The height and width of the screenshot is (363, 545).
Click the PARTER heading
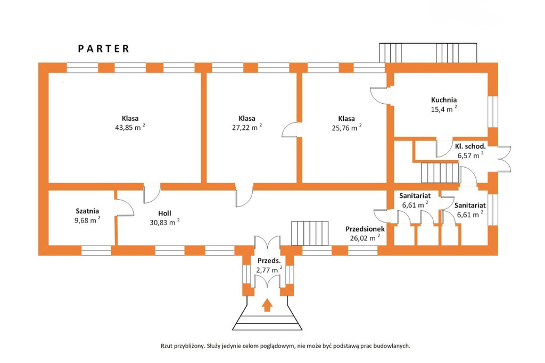pos(104,48)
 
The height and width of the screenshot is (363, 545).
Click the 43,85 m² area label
pos(130,127)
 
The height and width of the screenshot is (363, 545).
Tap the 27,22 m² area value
pos(247,127)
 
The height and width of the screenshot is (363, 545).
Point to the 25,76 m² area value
pos(346,127)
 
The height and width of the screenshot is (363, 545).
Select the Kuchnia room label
pos(444,100)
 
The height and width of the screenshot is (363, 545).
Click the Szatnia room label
pos(87,211)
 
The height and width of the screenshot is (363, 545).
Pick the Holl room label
pos(165,213)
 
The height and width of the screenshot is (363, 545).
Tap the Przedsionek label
pos(365,229)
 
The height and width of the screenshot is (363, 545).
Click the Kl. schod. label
pos(470,146)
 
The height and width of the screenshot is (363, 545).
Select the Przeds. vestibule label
pos(269,261)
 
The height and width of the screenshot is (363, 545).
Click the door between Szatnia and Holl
pos(123,208)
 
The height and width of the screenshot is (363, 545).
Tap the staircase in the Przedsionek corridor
pos(310,233)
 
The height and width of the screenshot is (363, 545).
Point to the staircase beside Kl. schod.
pos(440,173)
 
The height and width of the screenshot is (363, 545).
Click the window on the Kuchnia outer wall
pos(492,112)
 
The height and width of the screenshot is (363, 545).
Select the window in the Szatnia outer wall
pos(96,251)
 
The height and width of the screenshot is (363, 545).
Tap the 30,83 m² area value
pos(165,222)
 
